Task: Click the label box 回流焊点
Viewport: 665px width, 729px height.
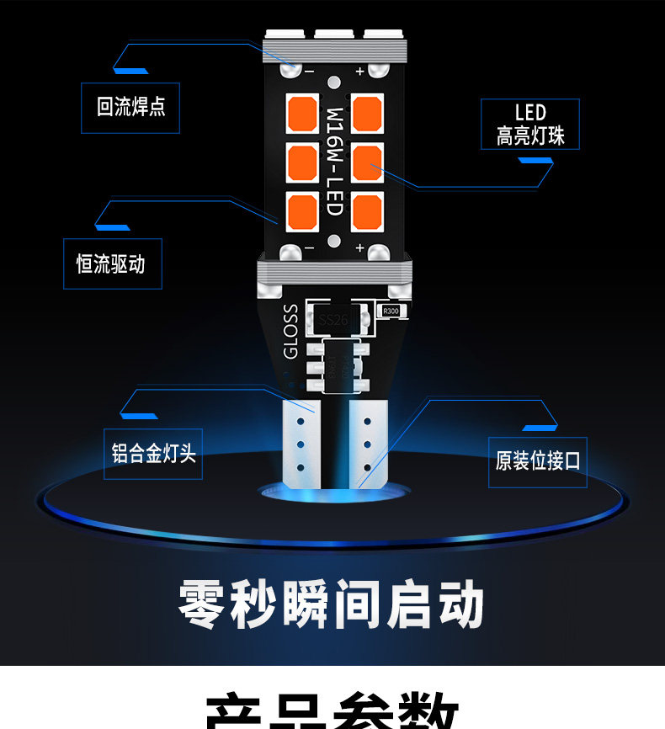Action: [130, 107]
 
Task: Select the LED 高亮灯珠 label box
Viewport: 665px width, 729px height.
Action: [530, 125]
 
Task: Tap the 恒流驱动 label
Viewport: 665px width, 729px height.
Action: [113, 264]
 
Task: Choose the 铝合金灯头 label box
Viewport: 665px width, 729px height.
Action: [153, 455]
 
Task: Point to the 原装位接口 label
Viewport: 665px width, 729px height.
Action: [538, 461]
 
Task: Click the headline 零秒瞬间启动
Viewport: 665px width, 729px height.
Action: [332, 603]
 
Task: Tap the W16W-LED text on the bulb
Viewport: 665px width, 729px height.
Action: [334, 161]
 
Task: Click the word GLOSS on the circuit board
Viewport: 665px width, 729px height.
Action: [290, 332]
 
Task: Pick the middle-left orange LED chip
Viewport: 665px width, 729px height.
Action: [301, 162]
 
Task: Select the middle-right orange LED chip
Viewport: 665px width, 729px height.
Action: [368, 162]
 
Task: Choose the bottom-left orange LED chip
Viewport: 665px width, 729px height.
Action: [301, 211]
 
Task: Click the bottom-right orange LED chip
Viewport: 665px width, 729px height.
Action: [368, 211]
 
